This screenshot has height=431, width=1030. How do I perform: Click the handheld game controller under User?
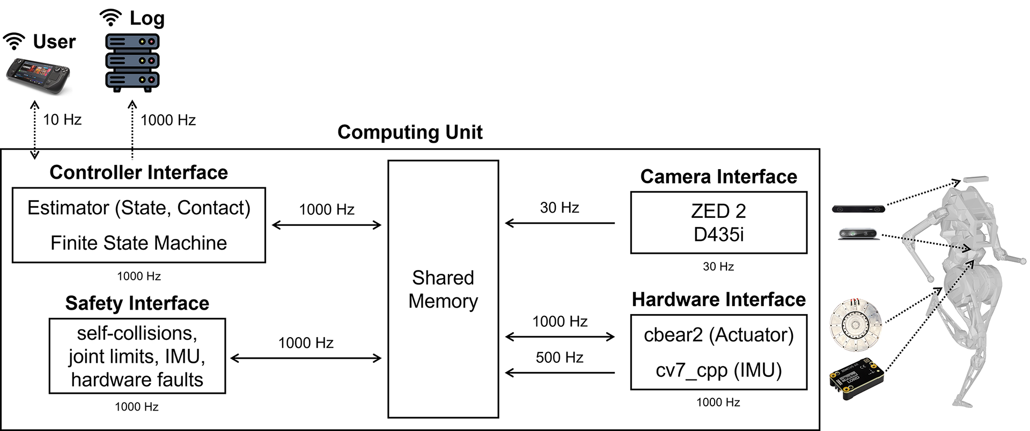38,75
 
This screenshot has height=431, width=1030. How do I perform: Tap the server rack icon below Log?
133,62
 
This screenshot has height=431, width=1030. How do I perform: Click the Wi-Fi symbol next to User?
14,41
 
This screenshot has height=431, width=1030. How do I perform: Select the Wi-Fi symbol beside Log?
111,18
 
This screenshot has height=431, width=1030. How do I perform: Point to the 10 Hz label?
62,120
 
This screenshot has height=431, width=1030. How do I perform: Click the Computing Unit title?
410,132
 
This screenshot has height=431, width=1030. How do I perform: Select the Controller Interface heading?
138,172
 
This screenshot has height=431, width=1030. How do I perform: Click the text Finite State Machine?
138,243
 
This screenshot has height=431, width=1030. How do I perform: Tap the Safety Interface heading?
137,303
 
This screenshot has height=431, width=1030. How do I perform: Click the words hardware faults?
137,380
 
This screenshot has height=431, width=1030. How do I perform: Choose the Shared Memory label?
443,289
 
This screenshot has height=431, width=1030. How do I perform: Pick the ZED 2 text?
718,211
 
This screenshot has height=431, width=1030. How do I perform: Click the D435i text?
718,235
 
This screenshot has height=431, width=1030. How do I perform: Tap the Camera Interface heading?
718,177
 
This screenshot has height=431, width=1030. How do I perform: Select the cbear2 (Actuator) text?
718,335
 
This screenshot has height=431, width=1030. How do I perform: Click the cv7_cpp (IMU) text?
718,370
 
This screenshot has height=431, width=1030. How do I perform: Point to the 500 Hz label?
559,357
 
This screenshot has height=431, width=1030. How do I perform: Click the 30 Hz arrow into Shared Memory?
560,223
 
